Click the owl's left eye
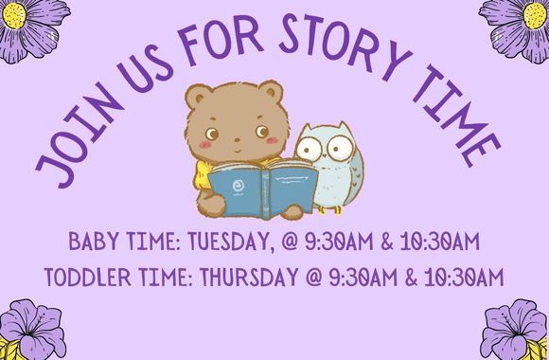point(309,150)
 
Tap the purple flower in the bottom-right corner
point(516,332)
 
